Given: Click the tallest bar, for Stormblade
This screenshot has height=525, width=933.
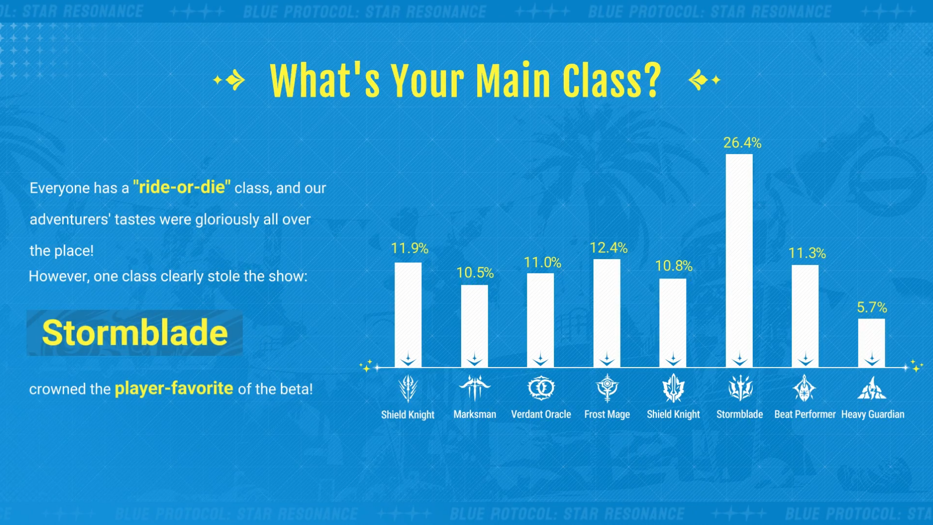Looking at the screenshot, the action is click(739, 261).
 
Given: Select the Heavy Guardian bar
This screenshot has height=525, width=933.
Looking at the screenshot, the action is click(871, 343).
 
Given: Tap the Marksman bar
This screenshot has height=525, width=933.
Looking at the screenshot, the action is click(474, 326).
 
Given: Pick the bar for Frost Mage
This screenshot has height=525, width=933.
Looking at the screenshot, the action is click(607, 313).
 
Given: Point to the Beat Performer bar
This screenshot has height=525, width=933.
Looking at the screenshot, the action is click(805, 316).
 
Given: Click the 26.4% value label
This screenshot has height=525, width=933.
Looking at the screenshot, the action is click(742, 142).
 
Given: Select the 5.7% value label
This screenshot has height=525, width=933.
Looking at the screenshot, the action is click(872, 307).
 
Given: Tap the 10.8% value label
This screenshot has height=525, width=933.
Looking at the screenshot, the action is click(674, 265).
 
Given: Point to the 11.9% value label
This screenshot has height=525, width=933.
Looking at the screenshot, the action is click(410, 248).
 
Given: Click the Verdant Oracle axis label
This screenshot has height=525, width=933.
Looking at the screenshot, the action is click(541, 414).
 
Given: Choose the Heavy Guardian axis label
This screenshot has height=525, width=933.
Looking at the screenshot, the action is click(873, 414).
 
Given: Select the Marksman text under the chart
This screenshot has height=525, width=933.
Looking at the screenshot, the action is click(475, 414).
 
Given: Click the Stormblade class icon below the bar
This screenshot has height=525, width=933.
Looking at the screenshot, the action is click(740, 388).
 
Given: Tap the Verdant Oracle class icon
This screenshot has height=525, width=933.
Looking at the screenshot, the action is click(541, 388).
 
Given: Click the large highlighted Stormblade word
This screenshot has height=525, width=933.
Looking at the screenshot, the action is click(135, 333).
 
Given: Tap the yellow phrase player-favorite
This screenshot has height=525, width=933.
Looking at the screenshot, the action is click(174, 388).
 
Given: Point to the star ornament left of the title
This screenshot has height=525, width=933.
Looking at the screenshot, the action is click(229, 80).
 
